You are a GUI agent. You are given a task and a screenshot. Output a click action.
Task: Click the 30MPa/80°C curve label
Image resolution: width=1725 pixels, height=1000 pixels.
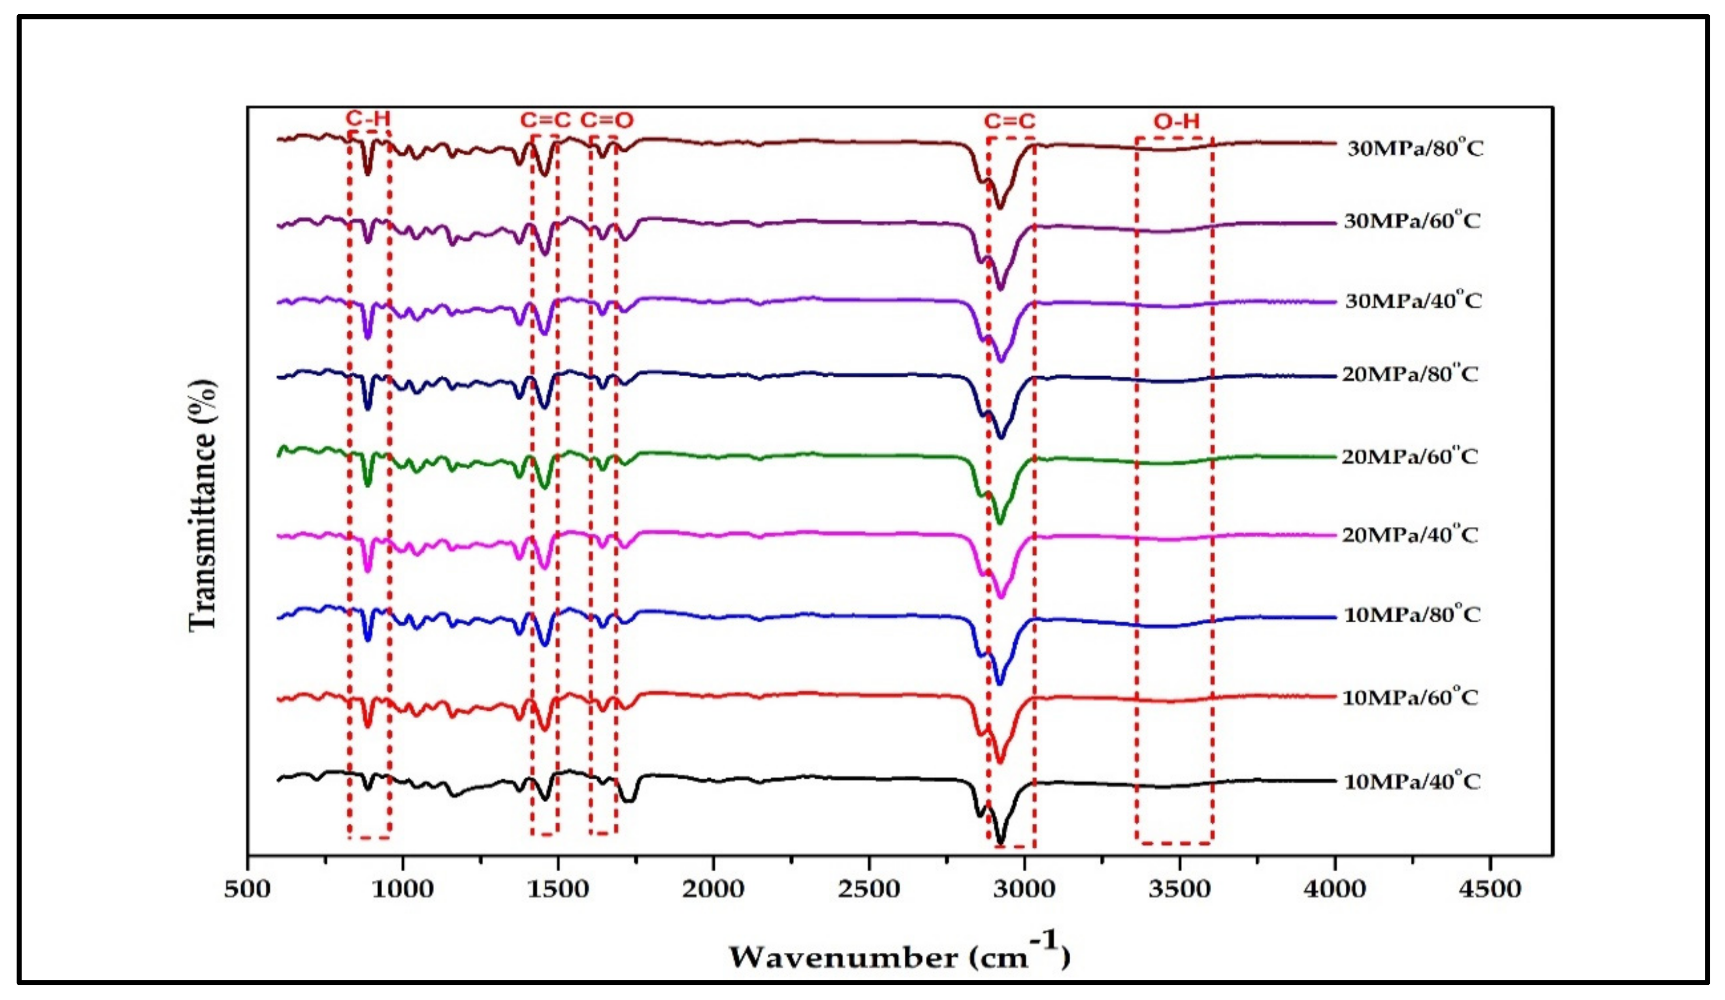[1415, 148]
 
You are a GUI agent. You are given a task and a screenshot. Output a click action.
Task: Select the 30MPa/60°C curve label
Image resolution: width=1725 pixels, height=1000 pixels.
[1412, 221]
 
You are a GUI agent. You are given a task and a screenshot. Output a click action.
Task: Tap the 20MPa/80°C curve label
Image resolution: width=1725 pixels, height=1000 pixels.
[1410, 374]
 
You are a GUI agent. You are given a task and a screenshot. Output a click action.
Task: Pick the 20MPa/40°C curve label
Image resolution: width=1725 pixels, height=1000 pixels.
[1410, 534]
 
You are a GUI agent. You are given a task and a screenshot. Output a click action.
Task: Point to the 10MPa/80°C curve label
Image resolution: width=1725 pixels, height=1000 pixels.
[1412, 614]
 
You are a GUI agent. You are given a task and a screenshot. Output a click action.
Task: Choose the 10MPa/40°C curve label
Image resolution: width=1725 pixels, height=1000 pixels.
[1412, 781]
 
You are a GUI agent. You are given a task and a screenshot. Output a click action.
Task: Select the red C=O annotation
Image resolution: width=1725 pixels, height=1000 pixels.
[607, 120]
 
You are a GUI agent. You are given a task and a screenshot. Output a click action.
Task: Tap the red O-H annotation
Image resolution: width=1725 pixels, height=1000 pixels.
[1176, 122]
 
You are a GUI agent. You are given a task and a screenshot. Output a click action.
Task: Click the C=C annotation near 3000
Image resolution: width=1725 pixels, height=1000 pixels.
[1010, 122]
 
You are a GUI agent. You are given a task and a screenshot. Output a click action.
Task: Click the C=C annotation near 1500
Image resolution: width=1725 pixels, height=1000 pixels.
[545, 120]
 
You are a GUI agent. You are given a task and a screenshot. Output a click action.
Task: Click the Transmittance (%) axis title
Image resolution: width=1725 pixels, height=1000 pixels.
[203, 504]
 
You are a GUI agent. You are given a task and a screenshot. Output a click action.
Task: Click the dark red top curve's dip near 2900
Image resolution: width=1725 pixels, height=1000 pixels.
[1000, 207]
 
